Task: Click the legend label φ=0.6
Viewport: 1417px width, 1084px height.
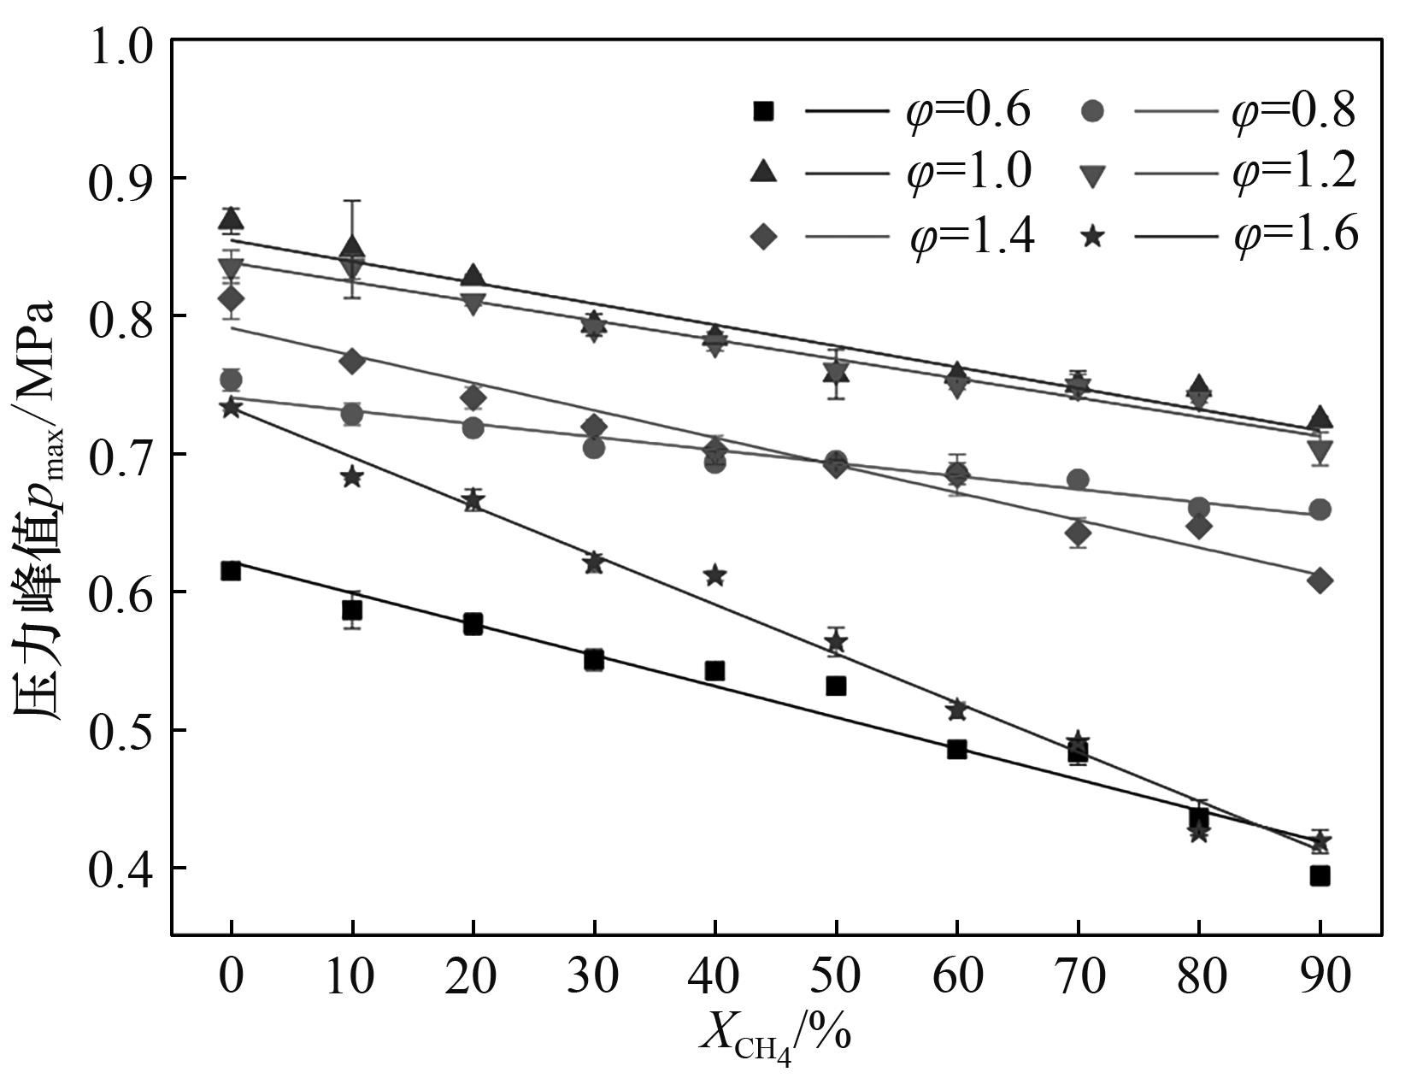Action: [969, 111]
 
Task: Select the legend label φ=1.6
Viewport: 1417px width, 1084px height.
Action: [1296, 233]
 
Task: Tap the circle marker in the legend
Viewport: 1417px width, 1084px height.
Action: [1092, 111]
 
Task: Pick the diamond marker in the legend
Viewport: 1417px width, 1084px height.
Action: [764, 235]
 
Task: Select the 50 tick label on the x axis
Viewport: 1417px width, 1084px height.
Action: [836, 975]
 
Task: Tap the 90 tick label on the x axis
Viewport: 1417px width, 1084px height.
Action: [1320, 975]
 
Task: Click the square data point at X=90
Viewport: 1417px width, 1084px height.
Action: [1320, 875]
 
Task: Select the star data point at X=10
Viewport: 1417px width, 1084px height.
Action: [352, 477]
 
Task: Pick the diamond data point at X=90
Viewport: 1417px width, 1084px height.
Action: [1320, 580]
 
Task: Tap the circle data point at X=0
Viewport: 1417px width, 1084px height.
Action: [231, 380]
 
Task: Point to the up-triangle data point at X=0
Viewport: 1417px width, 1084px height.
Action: [231, 220]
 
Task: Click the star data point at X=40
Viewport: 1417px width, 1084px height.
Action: [715, 575]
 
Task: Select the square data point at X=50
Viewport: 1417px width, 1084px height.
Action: [836, 686]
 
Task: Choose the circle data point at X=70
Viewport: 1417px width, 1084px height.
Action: [1078, 480]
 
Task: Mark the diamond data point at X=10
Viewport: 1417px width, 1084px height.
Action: [352, 361]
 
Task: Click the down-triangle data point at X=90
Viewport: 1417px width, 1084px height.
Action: [1320, 450]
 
